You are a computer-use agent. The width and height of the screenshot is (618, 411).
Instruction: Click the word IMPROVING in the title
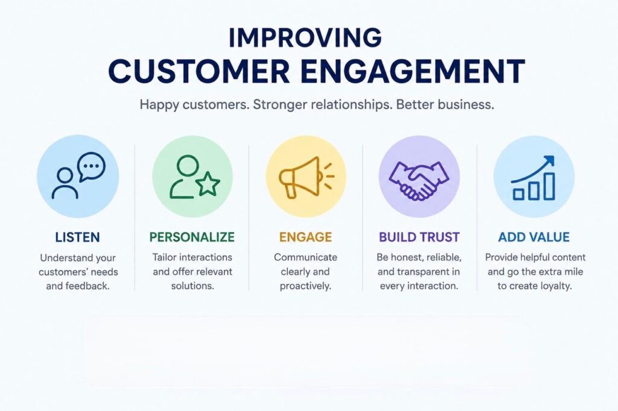click(305, 37)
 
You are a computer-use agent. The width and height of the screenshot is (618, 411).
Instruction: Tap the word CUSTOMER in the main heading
click(199, 71)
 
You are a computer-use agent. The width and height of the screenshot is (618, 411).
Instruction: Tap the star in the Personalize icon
click(208, 184)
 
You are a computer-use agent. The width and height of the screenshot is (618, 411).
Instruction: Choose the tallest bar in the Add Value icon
click(549, 186)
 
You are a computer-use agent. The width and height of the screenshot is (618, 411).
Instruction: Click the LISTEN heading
click(77, 237)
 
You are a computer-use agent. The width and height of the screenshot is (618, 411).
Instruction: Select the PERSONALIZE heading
click(192, 237)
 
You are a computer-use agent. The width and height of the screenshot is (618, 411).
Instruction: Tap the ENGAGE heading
click(305, 237)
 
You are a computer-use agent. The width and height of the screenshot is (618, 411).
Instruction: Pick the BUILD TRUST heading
click(419, 237)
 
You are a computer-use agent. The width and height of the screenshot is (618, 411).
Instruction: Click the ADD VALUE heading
click(534, 237)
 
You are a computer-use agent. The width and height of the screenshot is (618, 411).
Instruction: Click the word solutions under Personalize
click(193, 286)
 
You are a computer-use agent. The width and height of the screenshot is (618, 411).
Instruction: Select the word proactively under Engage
click(305, 286)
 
